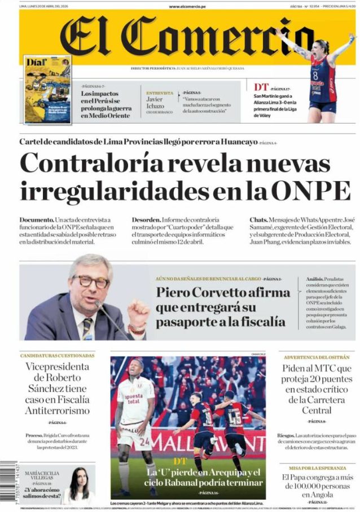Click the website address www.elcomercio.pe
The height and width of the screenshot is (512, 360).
[x=187, y=6]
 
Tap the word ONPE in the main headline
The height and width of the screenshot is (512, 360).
[x=318, y=191]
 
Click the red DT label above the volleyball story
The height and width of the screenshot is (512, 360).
[x=261, y=87]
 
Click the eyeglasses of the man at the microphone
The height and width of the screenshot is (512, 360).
[x=90, y=281]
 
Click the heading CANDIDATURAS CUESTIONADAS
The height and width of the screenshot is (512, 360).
[x=57, y=356]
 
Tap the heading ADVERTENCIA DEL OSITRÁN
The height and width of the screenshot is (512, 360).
[x=316, y=357]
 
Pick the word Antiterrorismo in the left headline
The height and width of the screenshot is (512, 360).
[x=57, y=411]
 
